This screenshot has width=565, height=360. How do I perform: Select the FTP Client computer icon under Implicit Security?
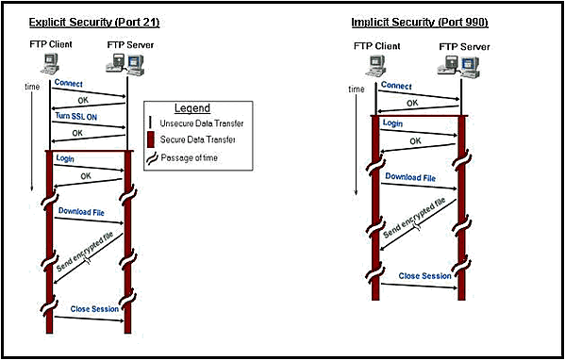pos(374,64)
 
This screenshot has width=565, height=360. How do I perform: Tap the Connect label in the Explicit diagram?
pos(69,84)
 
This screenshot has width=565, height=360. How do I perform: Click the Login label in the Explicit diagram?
pos(66,158)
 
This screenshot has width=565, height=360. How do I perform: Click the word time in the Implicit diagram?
pos(357,90)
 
